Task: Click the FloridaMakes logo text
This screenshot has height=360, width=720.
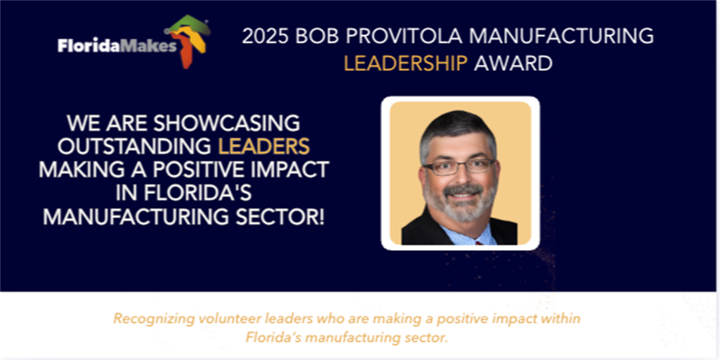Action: [118, 46]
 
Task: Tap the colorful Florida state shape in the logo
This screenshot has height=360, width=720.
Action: [189, 40]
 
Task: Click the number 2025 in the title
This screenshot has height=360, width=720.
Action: [265, 35]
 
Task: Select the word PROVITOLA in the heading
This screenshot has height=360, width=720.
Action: [404, 35]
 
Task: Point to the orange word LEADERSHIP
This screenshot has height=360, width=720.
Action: [406, 63]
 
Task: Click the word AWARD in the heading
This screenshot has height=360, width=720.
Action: [514, 63]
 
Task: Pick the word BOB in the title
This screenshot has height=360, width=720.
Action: [317, 35]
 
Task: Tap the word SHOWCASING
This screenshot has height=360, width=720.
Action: [227, 123]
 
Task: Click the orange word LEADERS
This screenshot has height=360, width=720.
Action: [264, 146]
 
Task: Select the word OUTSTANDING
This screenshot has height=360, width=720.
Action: [134, 146]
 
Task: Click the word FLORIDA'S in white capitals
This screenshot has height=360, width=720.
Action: [197, 193]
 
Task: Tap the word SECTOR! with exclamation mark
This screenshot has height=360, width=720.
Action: [280, 217]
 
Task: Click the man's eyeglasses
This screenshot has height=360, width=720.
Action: [460, 167]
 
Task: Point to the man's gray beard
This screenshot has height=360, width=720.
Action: [460, 203]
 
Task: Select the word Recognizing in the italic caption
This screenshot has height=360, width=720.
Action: [154, 319]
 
